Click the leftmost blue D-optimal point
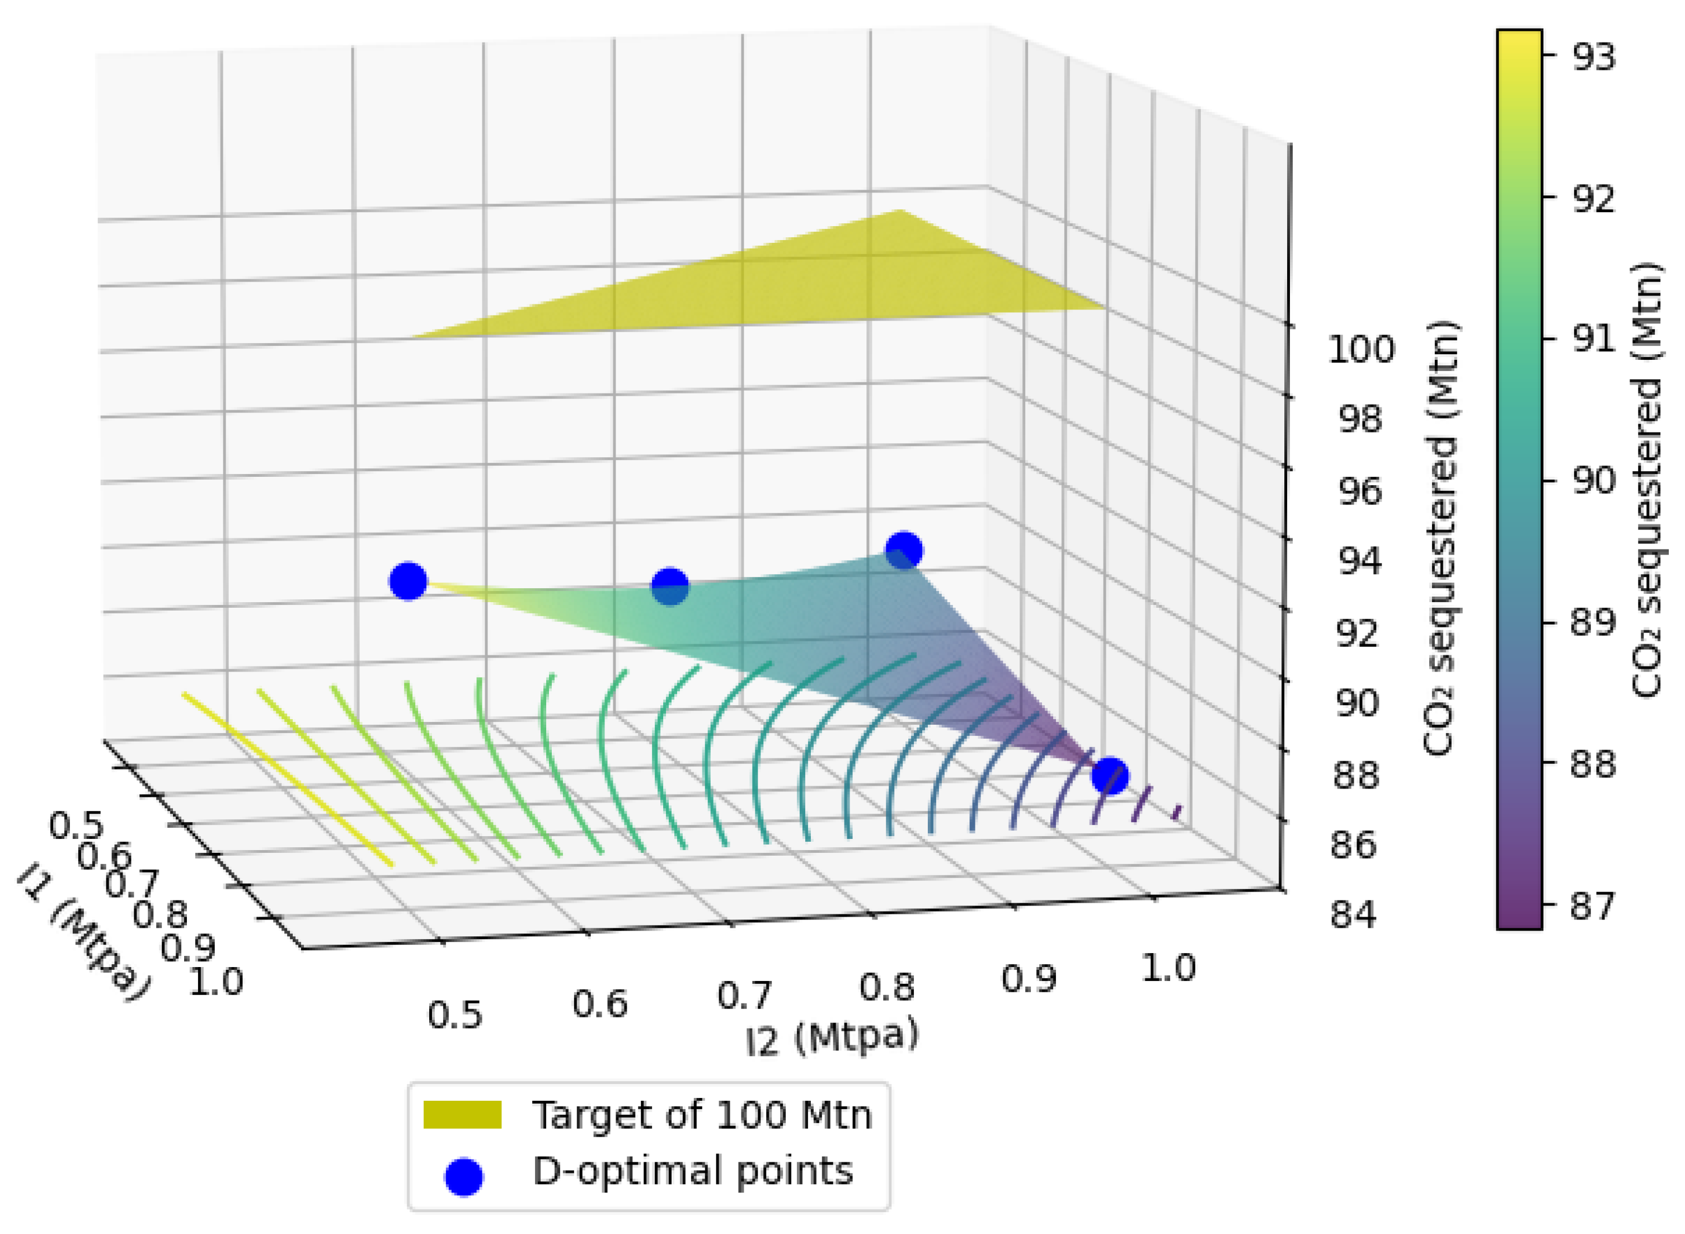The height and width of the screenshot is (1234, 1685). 408,581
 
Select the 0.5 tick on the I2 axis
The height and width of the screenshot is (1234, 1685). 455,1015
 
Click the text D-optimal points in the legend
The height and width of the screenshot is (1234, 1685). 692,1171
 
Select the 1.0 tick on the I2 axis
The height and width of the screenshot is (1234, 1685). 1169,968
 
